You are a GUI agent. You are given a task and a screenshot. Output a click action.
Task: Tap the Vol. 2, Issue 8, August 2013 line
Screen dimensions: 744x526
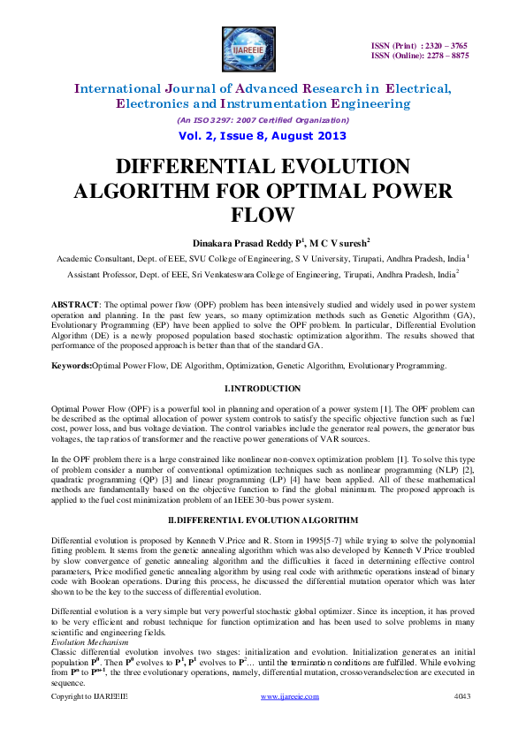click(x=263, y=136)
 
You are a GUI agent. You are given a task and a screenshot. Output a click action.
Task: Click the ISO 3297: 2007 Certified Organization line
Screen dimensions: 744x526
click(x=263, y=119)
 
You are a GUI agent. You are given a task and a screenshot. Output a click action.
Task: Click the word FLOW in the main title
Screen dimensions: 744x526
click(x=263, y=215)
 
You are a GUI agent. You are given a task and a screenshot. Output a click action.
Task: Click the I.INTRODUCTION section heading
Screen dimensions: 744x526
click(x=263, y=389)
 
